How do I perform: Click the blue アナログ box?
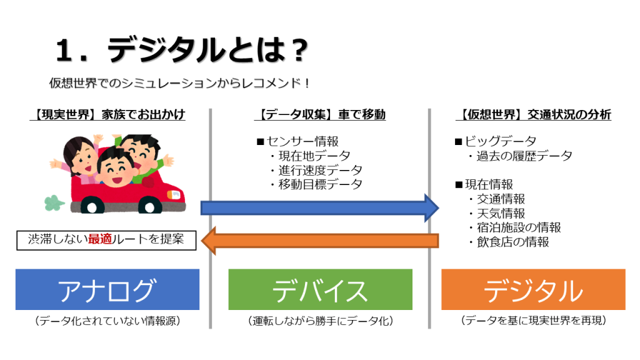(x=107, y=289)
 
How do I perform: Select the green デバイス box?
(x=321, y=289)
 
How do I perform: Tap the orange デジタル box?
(x=533, y=289)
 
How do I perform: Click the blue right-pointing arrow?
(x=319, y=208)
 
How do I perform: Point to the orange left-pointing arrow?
(x=320, y=241)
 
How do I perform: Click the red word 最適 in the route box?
(x=100, y=239)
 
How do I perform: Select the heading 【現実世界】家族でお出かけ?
(x=107, y=115)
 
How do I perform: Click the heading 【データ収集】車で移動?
(x=320, y=115)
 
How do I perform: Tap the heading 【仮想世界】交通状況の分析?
(x=534, y=115)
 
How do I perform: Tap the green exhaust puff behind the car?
(x=54, y=203)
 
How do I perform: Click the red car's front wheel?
(x=150, y=206)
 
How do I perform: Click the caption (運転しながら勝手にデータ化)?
(x=321, y=321)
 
